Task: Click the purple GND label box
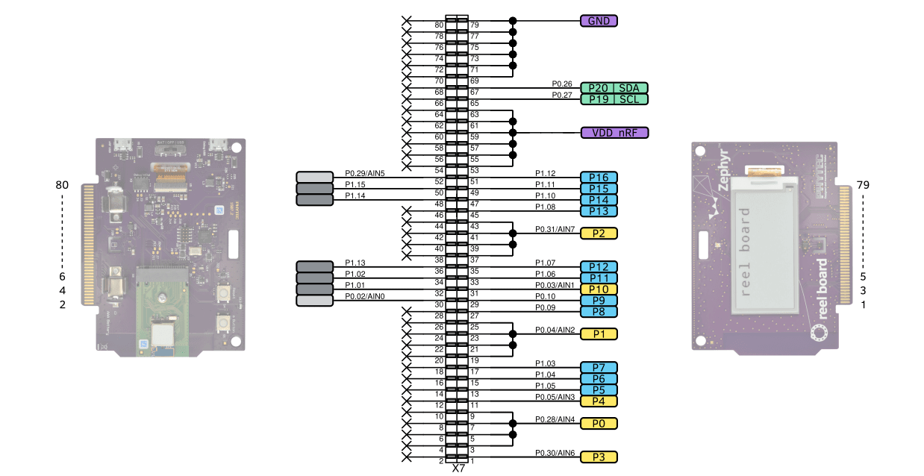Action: pyautogui.click(x=599, y=21)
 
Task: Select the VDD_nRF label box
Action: pyautogui.click(x=614, y=133)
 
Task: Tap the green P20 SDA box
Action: pyautogui.click(x=614, y=88)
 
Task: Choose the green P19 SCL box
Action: pyautogui.click(x=614, y=99)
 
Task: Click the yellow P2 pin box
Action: pyautogui.click(x=599, y=233)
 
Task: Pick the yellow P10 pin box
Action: pyautogui.click(x=599, y=289)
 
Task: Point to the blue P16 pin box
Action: pyautogui.click(x=599, y=178)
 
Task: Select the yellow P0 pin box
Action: pyautogui.click(x=599, y=423)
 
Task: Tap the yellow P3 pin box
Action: pyautogui.click(x=599, y=457)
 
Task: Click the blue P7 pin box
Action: pyautogui.click(x=599, y=367)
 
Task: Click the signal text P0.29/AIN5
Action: pyautogui.click(x=364, y=173)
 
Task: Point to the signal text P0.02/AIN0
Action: pyautogui.click(x=364, y=296)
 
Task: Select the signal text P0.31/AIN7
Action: pyautogui.click(x=555, y=229)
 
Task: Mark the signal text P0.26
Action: pyautogui.click(x=561, y=84)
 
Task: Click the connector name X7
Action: pyautogui.click(x=458, y=469)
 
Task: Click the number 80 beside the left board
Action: pyautogui.click(x=62, y=184)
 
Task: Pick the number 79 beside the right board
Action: pyautogui.click(x=864, y=184)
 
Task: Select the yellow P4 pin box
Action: pyautogui.click(x=599, y=401)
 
